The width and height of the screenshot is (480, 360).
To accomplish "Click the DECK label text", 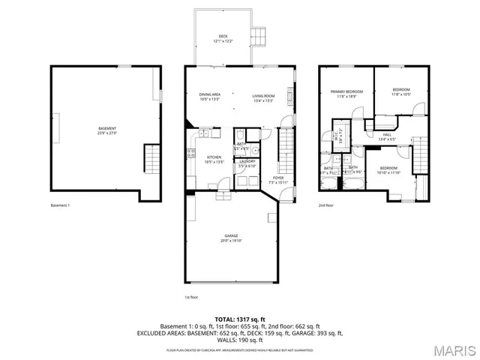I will coord(223,37).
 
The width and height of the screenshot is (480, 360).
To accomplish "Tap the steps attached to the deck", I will coord(259,35).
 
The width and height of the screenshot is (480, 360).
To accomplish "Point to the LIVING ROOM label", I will coord(262,97).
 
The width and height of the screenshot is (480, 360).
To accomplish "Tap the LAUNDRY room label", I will coord(247,163).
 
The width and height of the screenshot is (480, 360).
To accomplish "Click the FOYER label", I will coord(278,180).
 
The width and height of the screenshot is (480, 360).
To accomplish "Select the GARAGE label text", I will coord(230,238).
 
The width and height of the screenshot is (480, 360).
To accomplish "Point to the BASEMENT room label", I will coord(107,130).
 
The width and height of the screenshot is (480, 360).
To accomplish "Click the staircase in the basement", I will coord(153,159).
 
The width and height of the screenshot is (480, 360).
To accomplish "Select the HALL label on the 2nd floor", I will coord(388,136).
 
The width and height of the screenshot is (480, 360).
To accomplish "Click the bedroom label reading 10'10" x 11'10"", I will coord(389,170).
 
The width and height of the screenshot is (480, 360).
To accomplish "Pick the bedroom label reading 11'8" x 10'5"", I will coord(400,92).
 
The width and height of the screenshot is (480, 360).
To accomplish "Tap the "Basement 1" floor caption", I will coord(59,205).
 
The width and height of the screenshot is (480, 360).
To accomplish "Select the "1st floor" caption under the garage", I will coord(191,297).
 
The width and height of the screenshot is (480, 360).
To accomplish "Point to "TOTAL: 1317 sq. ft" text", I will coord(239,319).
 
